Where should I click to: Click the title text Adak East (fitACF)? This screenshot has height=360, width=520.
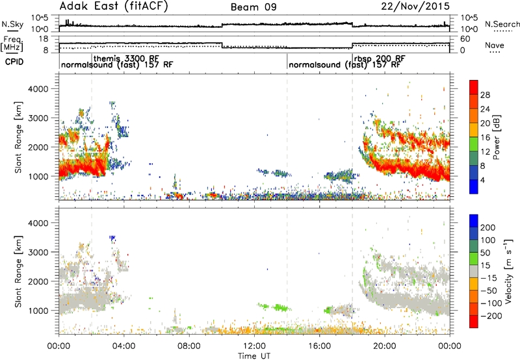click(114, 6)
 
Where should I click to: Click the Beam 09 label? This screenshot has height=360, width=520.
click(253, 7)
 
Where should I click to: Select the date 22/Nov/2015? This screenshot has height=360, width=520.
click(415, 6)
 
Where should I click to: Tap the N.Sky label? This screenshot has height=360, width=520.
click(12, 24)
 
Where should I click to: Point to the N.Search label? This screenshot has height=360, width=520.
click(502, 24)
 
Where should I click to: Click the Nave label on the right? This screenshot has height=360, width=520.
click(495, 45)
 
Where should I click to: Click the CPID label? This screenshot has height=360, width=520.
click(14, 62)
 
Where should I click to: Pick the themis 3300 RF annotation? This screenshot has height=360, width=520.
click(126, 58)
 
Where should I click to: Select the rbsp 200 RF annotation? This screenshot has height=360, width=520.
click(380, 58)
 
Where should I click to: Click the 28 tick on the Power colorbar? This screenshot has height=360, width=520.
click(485, 95)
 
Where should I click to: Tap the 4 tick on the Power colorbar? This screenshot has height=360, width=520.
click(483, 180)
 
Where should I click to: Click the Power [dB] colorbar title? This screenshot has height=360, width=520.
click(496, 137)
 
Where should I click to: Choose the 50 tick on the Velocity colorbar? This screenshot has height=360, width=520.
click(485, 253)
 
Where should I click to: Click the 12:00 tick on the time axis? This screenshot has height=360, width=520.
click(254, 346)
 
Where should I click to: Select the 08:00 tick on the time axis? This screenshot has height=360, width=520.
click(189, 346)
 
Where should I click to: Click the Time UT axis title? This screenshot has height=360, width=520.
click(254, 356)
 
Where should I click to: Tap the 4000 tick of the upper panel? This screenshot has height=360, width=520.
click(38, 89)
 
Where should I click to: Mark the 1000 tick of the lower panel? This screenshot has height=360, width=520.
click(38, 311)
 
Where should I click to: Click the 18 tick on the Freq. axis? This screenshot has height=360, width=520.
click(44, 39)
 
